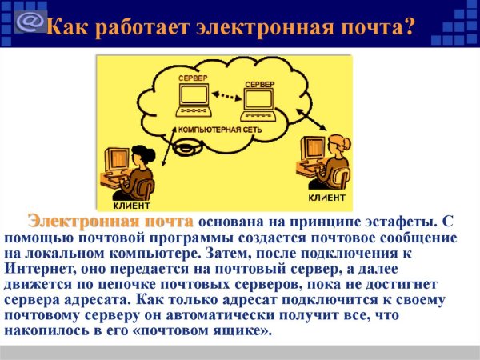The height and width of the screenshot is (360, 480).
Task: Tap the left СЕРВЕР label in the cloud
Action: pyautogui.click(x=196, y=77)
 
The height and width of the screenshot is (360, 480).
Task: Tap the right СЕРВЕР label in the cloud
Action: pyautogui.click(x=259, y=83)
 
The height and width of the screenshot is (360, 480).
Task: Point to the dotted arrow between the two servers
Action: pyautogui.click(x=226, y=99)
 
